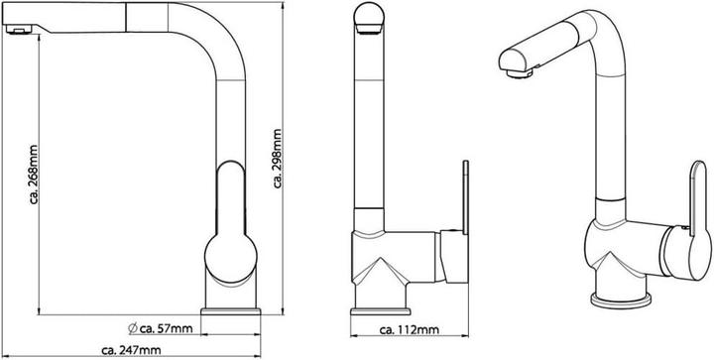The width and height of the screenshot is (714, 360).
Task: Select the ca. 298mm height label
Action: [x=278, y=159]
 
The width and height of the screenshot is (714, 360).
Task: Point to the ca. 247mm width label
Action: [x=131, y=350]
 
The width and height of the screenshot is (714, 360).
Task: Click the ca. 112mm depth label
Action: [x=410, y=330]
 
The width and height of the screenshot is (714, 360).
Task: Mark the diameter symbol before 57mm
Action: [x=133, y=327]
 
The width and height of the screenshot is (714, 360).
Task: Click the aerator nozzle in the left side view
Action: [x=19, y=30]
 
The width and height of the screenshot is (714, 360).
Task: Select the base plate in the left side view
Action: [x=231, y=311]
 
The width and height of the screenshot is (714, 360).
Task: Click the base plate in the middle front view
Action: [x=381, y=311]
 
